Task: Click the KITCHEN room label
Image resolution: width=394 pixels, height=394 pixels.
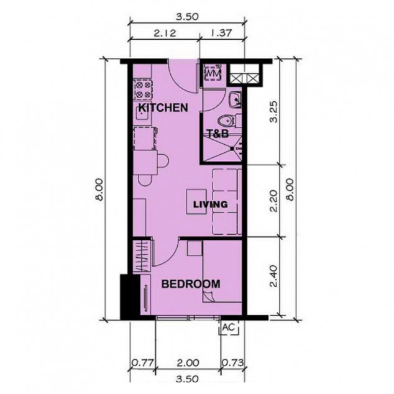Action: (163, 108)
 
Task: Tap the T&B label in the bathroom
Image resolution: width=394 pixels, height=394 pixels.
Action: (218, 134)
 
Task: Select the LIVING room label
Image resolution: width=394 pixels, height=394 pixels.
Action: (209, 204)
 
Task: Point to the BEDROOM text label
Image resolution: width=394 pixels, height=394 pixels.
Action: (190, 284)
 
